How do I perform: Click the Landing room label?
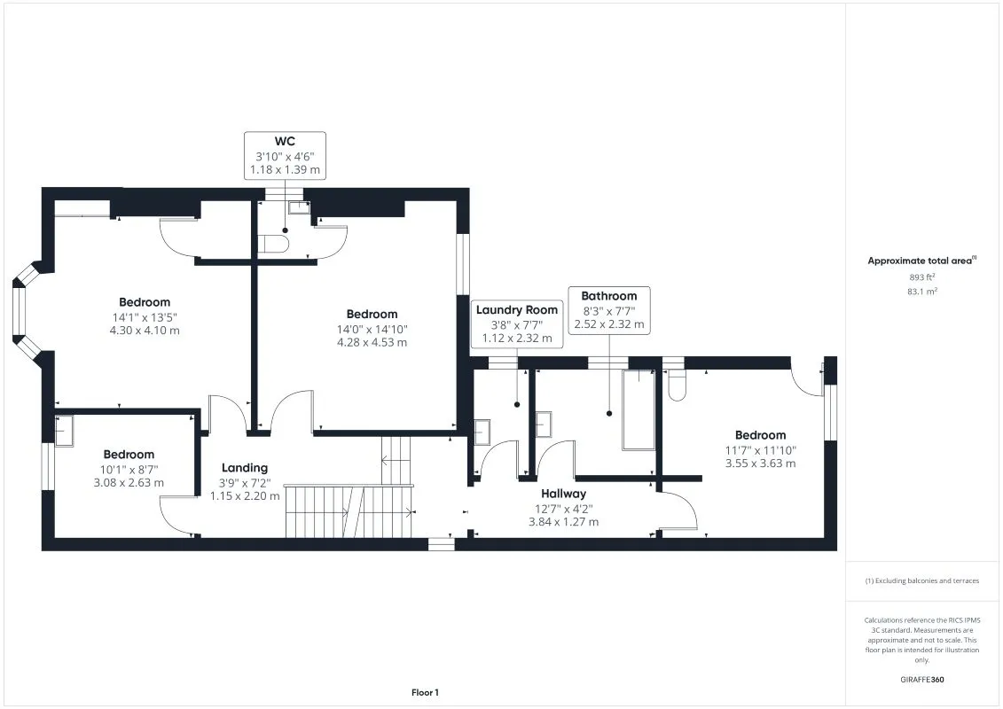point(245,468)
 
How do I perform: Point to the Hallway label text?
point(564,494)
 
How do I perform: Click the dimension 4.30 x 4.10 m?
point(145,331)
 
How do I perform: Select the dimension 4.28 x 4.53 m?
point(372,342)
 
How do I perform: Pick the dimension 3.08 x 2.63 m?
point(129,483)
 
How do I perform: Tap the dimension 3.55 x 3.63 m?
point(760,463)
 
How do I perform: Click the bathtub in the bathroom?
point(637,410)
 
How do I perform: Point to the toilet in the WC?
point(272,245)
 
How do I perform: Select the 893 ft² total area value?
point(922,277)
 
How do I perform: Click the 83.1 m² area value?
point(922,291)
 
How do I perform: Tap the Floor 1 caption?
point(425,692)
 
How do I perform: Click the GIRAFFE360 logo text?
point(922,681)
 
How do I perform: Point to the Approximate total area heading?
point(921,261)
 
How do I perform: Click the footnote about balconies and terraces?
point(922,580)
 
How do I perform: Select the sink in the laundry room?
point(482,432)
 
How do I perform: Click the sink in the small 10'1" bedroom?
point(64,431)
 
